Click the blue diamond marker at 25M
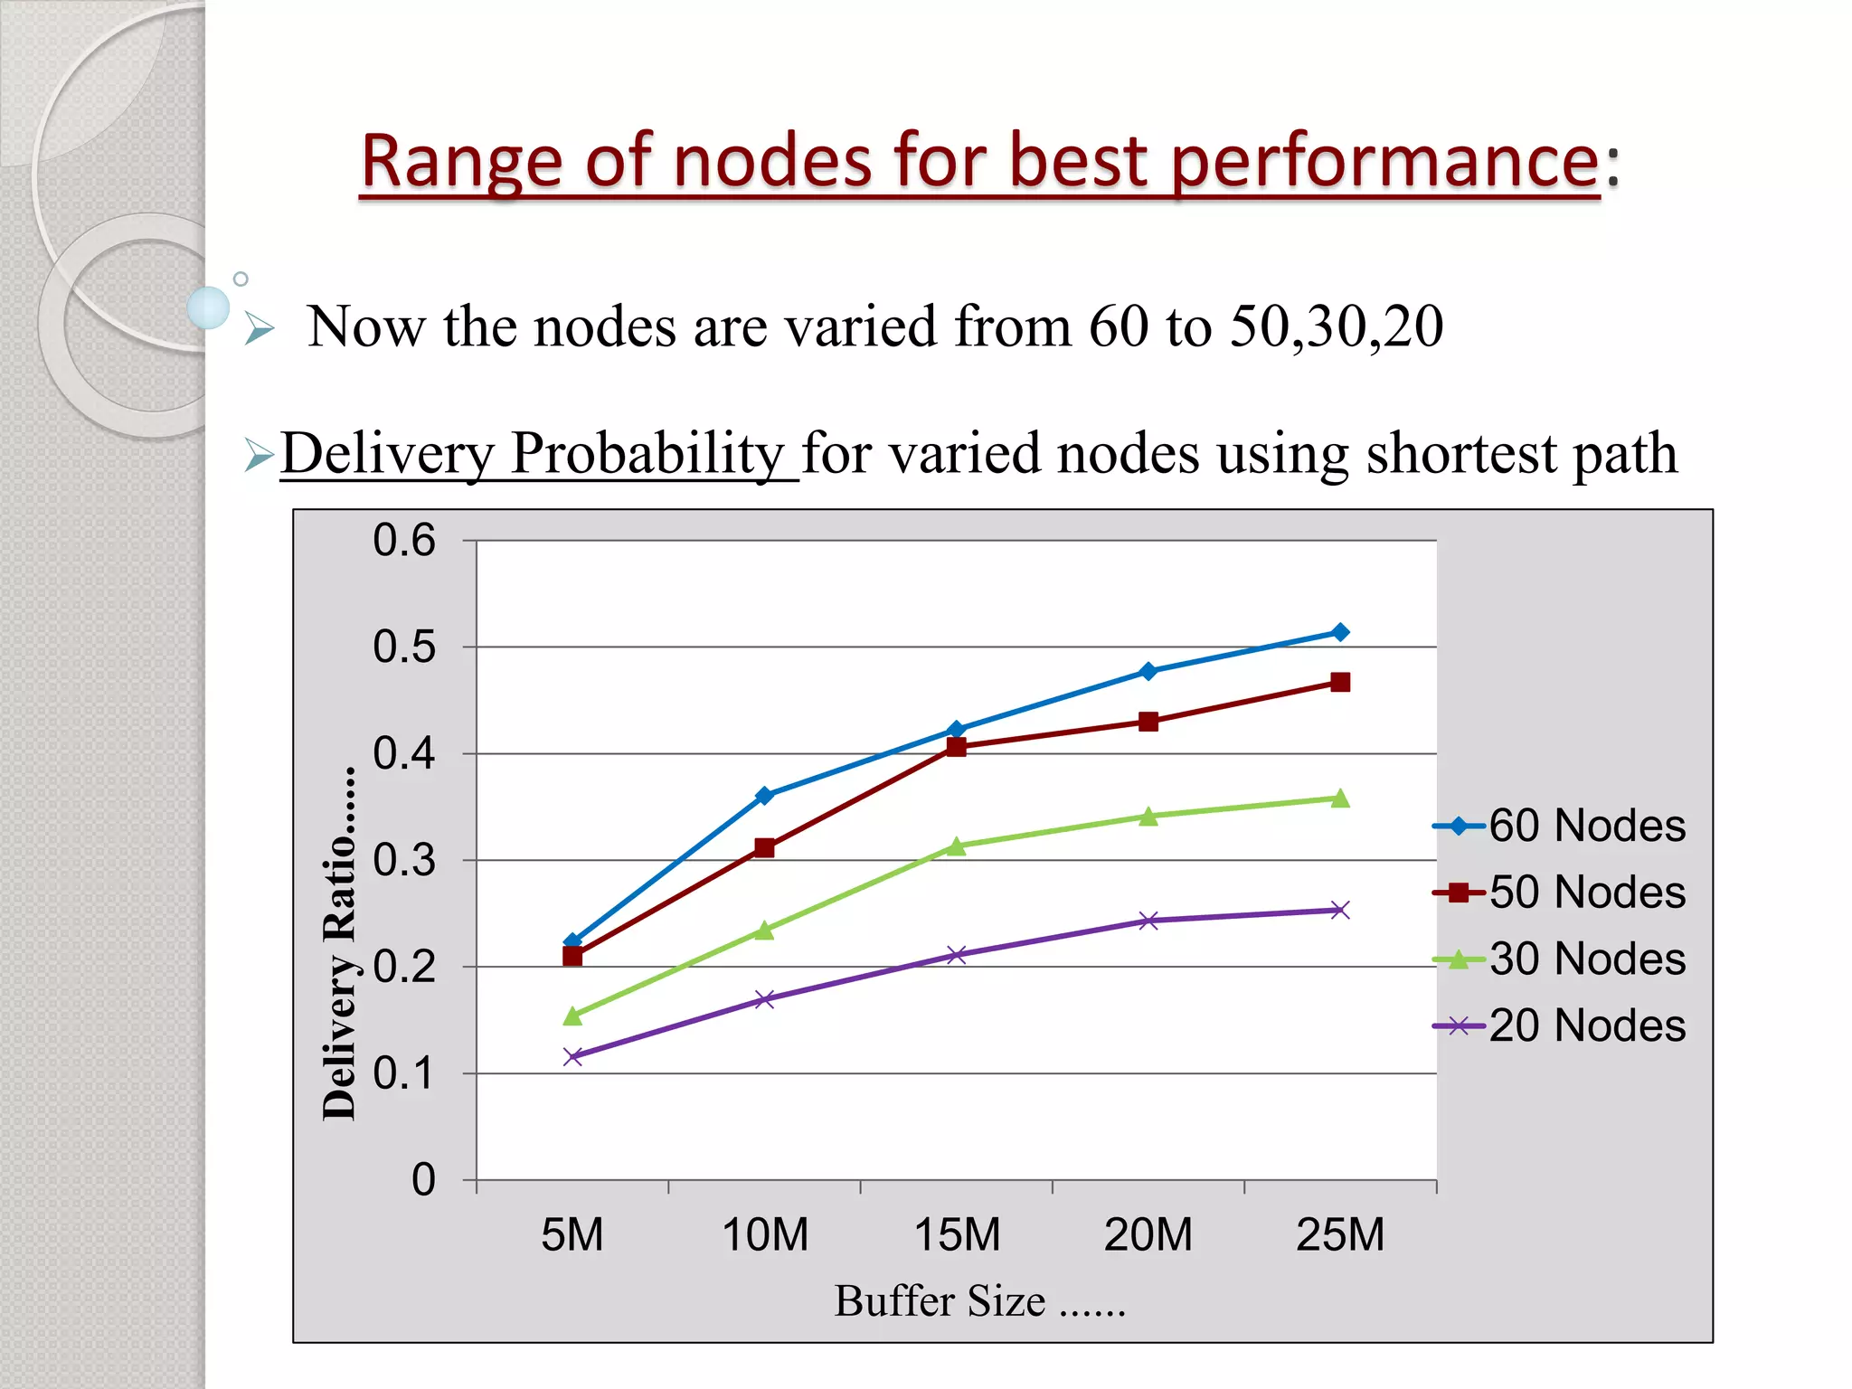click(x=1340, y=632)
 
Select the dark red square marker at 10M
click(x=764, y=847)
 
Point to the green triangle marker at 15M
click(x=957, y=846)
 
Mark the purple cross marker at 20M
click(x=1148, y=921)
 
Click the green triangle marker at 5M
click(x=572, y=1016)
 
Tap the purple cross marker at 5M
click(x=572, y=1056)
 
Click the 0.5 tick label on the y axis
click(x=404, y=647)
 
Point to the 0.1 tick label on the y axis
click(x=404, y=1073)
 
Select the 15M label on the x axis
click(x=957, y=1235)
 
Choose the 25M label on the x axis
click(x=1340, y=1235)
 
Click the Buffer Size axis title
click(x=979, y=1301)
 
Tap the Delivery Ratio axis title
click(x=340, y=945)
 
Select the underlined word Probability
click(x=647, y=453)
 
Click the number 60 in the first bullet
click(x=1119, y=326)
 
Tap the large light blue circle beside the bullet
click(x=208, y=307)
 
